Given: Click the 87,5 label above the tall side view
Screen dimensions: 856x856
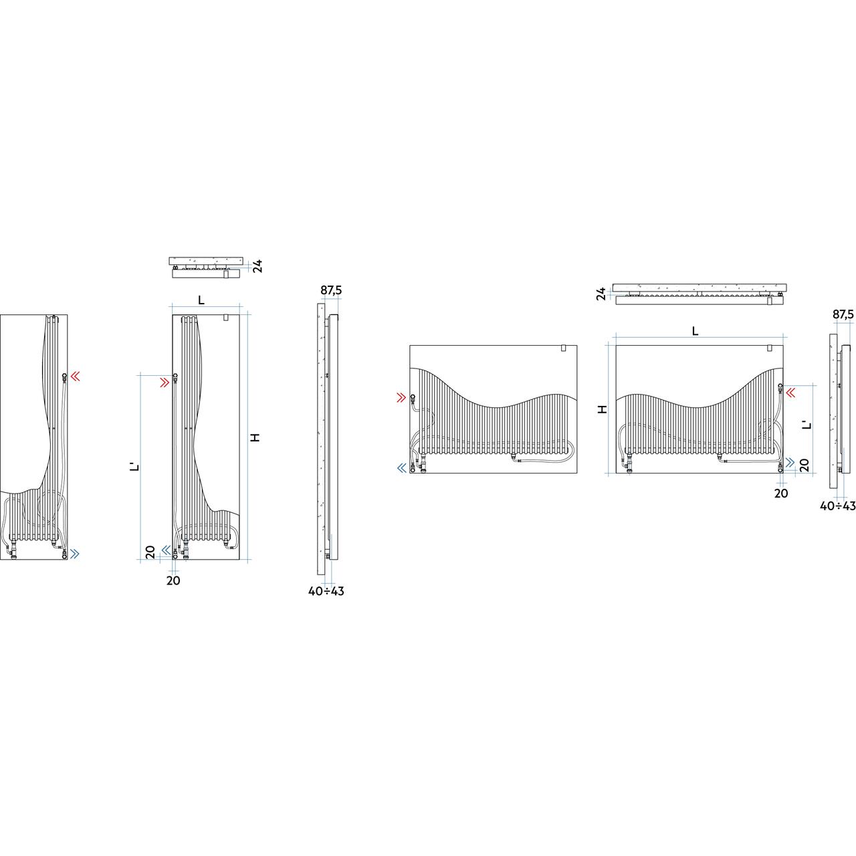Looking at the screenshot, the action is pos(331,290).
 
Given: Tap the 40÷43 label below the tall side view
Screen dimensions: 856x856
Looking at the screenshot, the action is pos(326,591).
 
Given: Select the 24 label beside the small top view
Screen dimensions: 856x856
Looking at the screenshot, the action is pos(257,266).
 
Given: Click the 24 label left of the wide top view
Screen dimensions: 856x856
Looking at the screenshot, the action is pos(601,294).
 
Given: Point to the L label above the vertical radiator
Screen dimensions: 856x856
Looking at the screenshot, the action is pos(201,300).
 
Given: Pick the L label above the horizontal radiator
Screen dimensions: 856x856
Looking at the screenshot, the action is pos(695,331).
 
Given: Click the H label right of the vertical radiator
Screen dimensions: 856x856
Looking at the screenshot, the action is pos(255,437).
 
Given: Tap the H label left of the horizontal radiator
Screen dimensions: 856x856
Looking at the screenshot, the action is pos(602,409).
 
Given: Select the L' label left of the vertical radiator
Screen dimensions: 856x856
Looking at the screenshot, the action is pos(137,467).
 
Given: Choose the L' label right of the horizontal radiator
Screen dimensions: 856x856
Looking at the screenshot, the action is pos(807,424).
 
